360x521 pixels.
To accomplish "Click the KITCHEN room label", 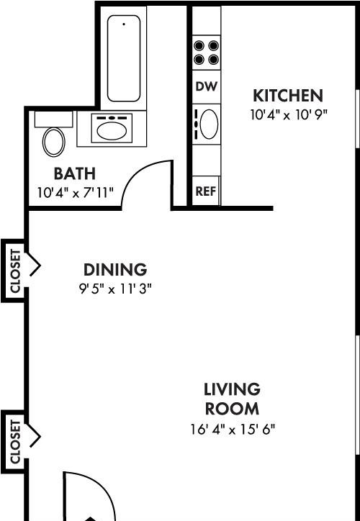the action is [x=288, y=96].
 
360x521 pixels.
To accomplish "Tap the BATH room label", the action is [x=75, y=173].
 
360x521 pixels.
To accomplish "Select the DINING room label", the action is [x=115, y=269].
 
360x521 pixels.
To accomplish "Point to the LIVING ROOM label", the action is [x=232, y=399].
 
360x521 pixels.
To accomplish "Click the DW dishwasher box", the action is [x=207, y=87].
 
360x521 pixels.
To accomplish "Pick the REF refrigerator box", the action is [x=206, y=191].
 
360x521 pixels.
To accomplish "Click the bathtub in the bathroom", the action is [x=124, y=58].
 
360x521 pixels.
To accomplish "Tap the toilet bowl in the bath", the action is [x=53, y=142].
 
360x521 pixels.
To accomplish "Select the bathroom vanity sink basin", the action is [x=112, y=130].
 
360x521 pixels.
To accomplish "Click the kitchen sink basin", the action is [x=209, y=124].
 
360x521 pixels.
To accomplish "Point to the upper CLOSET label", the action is [x=15, y=271].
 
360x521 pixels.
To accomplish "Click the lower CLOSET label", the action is [x=15, y=442].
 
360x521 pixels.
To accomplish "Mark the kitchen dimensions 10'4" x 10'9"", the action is [x=289, y=115].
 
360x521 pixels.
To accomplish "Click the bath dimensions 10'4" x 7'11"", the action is [x=75, y=192].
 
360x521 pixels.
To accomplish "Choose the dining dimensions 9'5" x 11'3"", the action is [x=115, y=289].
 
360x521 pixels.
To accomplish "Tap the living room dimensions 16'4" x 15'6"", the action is [x=233, y=430].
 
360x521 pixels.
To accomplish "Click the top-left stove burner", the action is [x=199, y=45].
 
